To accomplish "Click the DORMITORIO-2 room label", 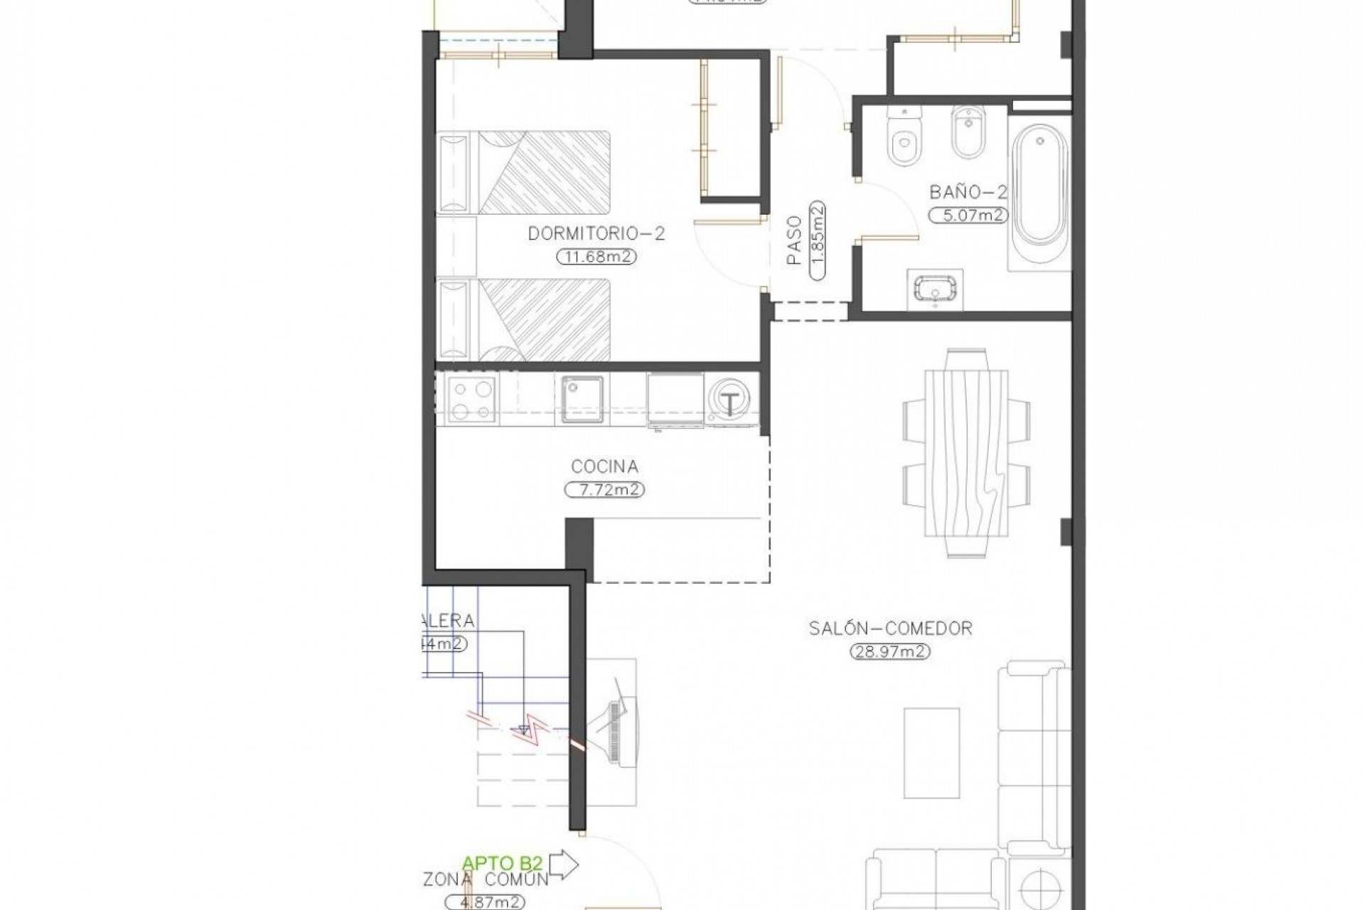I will point(596,234).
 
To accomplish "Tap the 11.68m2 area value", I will point(596,257).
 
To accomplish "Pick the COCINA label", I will point(604,466).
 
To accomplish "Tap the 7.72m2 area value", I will point(604,490).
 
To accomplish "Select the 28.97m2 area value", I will point(891,651).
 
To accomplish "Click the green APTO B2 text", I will point(503,863).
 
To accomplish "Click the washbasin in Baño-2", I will point(936,291).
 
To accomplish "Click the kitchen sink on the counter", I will point(582,400).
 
